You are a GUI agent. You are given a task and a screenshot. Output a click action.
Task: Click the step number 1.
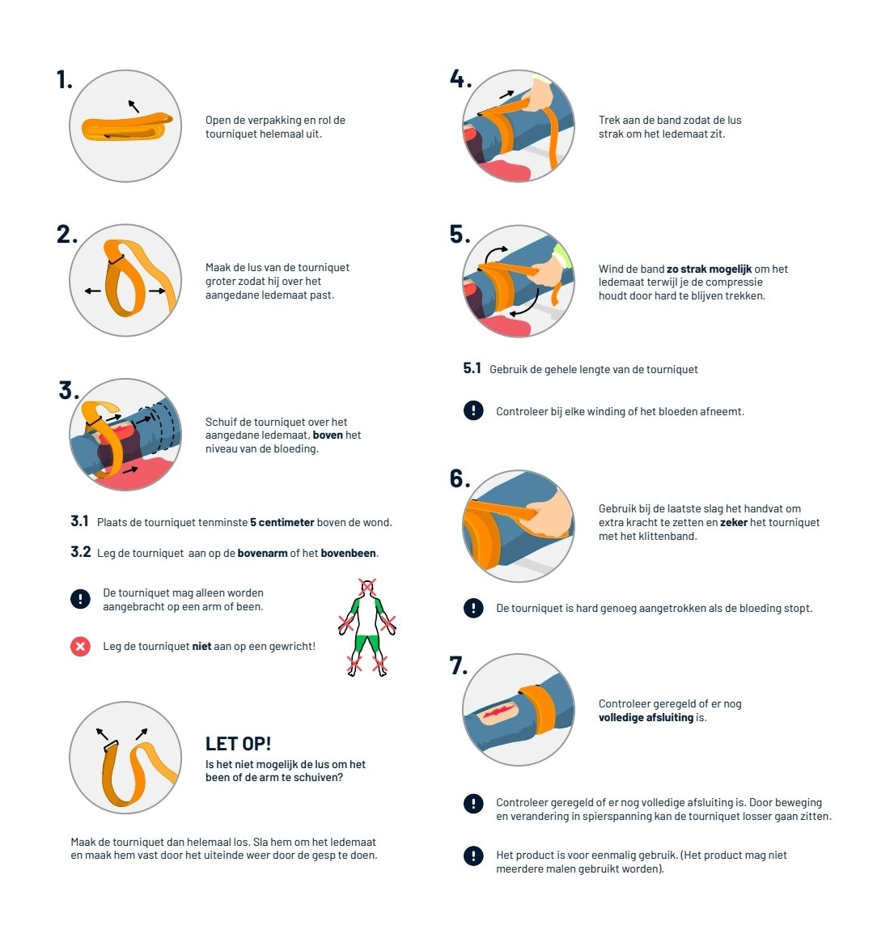[64, 79]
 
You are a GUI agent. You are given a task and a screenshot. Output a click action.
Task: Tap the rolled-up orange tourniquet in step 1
[127, 125]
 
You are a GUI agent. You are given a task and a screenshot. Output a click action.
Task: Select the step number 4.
[460, 79]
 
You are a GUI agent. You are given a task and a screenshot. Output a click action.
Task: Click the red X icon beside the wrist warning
[80, 647]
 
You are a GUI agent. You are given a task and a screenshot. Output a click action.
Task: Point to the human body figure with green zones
[367, 628]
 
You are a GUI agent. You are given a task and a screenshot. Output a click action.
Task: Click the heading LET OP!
[238, 744]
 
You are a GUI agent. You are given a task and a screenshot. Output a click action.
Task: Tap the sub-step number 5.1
[472, 368]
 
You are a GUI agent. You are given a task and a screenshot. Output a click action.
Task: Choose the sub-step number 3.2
[80, 552]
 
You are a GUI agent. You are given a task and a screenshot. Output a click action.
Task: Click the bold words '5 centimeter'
[282, 523]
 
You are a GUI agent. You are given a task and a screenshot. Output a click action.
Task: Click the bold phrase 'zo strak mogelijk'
[709, 270]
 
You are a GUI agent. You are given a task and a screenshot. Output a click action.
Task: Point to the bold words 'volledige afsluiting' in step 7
[646, 717]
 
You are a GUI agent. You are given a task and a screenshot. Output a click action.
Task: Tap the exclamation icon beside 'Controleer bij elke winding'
[473, 410]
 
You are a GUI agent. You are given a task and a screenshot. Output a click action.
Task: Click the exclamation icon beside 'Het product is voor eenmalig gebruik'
[473, 855]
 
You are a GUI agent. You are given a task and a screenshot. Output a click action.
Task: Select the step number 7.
[459, 665]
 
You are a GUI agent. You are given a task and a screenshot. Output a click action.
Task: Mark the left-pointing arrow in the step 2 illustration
[93, 291]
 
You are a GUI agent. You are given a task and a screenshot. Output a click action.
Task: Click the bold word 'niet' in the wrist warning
[202, 647]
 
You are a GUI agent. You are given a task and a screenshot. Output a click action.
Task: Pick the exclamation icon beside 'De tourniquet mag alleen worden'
[80, 599]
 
